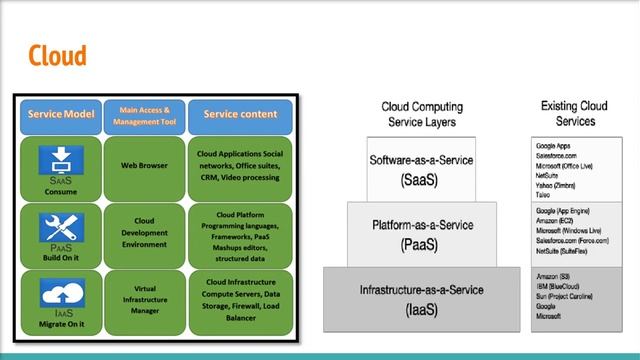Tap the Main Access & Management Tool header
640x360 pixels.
(x=144, y=115)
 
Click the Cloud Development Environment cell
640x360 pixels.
(x=144, y=233)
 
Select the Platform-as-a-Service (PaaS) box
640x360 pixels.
(x=421, y=235)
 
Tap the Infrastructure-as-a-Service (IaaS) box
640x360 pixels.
(x=421, y=299)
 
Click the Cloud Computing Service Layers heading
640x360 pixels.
(x=421, y=114)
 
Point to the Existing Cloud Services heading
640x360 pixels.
(x=574, y=114)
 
